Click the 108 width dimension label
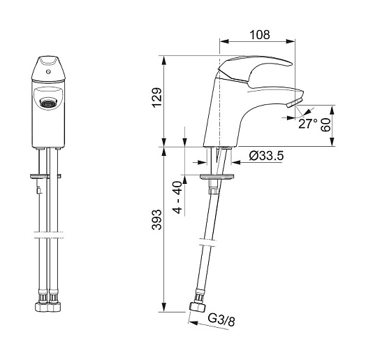[260, 35]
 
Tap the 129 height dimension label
[157, 97]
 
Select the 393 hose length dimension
[157, 219]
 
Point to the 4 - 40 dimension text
[178, 197]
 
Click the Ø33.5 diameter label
[266, 156]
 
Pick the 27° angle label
[308, 123]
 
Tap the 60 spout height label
[326, 124]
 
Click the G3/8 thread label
[221, 319]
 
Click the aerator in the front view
[48, 102]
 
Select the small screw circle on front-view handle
[48, 72]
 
